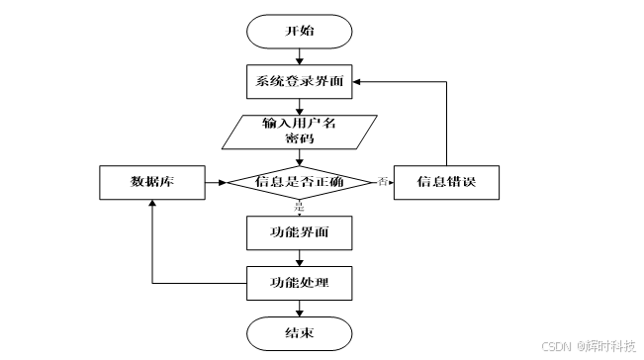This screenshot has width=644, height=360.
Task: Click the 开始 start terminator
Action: [299, 31]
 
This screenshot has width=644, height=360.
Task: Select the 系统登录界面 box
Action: [299, 81]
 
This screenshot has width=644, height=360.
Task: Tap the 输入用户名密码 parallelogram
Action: [299, 133]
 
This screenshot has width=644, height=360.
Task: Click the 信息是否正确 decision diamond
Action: [299, 183]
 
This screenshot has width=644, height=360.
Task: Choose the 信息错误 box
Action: [445, 183]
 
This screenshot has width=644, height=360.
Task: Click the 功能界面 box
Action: [299, 233]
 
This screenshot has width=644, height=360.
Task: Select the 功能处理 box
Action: [299, 284]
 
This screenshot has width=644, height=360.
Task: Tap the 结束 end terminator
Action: [299, 333]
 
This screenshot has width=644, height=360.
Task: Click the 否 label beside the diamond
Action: [382, 181]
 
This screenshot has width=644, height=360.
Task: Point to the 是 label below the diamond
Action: [299, 208]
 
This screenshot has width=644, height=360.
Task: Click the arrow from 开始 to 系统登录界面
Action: [299, 55]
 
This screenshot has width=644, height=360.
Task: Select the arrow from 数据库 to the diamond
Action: [216, 183]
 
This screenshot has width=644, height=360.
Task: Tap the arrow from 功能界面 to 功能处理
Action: [299, 258]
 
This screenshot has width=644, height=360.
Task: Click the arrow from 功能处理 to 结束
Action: [299, 309]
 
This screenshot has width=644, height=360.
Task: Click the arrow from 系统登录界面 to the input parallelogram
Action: [299, 107]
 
